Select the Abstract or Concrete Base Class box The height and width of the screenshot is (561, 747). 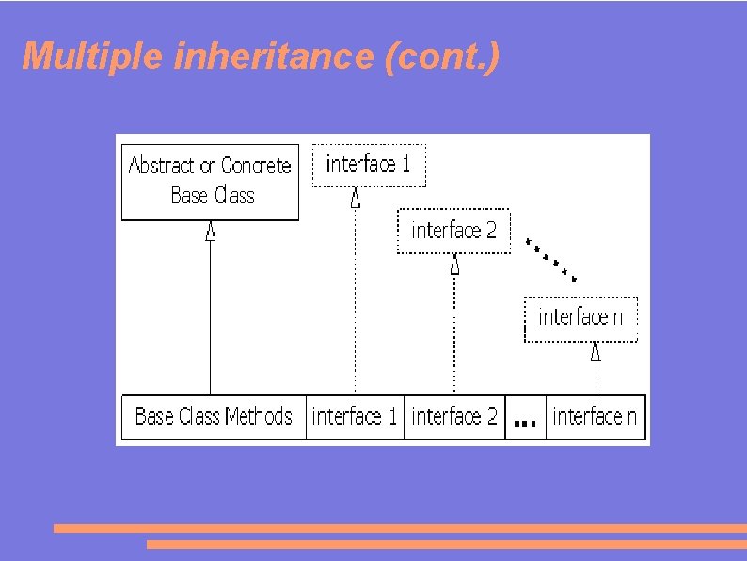210,182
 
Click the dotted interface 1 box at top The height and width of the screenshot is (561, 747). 368,165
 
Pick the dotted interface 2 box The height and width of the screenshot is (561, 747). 453,231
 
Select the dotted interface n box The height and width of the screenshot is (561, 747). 580,318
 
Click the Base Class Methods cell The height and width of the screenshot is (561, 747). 214,417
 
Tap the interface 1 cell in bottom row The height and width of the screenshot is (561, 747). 355,417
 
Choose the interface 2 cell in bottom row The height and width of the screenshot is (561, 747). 454,417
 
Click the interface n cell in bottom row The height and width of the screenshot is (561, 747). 596,417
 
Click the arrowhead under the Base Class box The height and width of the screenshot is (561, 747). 211,231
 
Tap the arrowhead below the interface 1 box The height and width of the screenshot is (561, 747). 356,198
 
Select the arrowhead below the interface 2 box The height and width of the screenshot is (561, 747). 454,264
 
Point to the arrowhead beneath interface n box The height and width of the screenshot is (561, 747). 596,352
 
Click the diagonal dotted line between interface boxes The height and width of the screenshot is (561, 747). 552,258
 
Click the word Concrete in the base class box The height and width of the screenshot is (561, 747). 256,167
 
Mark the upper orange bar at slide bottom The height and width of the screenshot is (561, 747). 400,528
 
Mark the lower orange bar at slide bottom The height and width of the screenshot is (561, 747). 446,544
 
